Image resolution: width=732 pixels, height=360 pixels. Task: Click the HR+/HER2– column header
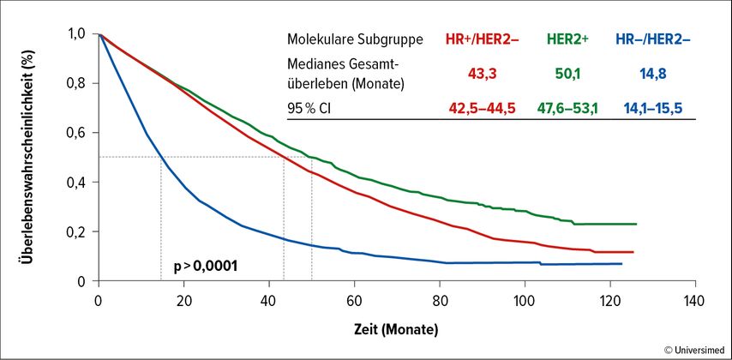483,40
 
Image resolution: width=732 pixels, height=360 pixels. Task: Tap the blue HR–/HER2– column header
654,40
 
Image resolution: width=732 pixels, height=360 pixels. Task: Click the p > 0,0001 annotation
205,266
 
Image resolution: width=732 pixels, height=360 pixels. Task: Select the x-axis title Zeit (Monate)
397,329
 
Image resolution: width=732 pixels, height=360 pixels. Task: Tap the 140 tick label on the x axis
694,300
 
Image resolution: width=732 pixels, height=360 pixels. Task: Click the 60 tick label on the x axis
354,300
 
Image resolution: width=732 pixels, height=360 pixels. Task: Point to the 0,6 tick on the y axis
77,132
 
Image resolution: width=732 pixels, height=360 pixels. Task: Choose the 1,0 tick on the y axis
77,33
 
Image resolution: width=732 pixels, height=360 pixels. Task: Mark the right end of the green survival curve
636,224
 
